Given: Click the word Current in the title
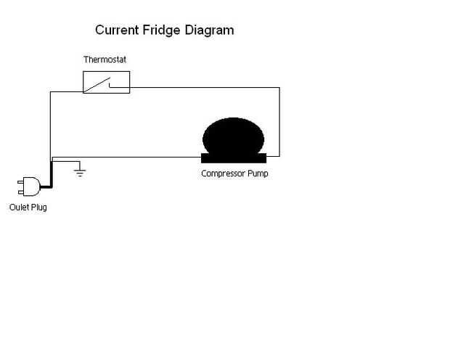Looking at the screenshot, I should coord(119,30).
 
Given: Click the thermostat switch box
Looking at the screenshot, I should coord(106,82).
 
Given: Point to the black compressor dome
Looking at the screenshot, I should coord(233,136).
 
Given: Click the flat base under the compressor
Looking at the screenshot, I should coord(234,157).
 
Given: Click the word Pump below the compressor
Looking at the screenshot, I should coord(258,173).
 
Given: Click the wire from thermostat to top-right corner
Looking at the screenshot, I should coord(203,88).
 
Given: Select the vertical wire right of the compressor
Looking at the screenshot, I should coord(279,123).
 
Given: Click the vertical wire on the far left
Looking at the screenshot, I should coord(49,123).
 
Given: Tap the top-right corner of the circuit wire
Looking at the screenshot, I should coord(279,88).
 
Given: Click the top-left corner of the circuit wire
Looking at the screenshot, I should coord(49,92).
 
